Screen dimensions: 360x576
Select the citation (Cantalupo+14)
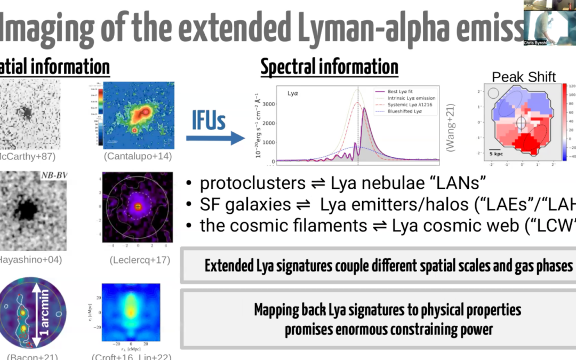[x=132, y=156]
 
